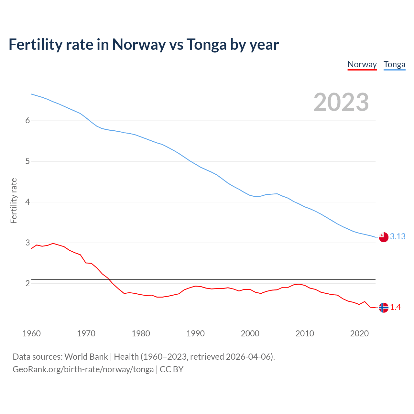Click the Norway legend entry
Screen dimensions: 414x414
point(362,65)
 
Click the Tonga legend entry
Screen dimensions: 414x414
point(394,65)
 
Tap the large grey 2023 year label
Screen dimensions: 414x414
point(341,102)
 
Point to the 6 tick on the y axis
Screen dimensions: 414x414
point(27,121)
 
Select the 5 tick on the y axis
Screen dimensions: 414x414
point(27,161)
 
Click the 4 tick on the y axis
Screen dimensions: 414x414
point(27,202)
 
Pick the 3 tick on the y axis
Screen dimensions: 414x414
point(27,243)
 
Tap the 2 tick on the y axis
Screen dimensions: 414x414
point(27,283)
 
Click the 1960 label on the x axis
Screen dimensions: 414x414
point(31,333)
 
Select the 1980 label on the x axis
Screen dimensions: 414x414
point(141,333)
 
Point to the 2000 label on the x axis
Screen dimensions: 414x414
point(250,333)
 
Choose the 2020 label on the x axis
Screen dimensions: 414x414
point(359,333)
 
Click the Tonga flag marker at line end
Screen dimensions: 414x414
point(383,237)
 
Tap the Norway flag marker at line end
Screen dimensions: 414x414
point(383,308)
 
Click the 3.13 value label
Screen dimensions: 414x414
point(398,237)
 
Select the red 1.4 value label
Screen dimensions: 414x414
point(395,307)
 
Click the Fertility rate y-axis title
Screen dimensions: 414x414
point(14,201)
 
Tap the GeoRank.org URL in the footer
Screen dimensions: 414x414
point(83,369)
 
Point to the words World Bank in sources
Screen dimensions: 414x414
point(86,357)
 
